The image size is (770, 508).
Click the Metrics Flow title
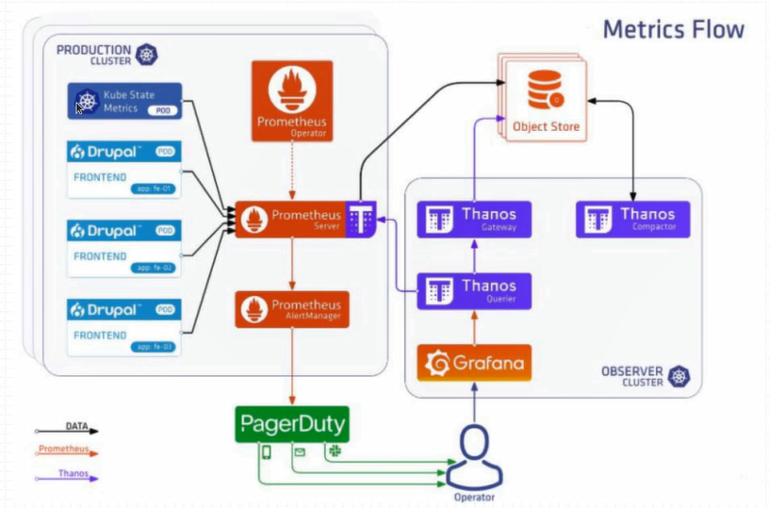[x=673, y=29]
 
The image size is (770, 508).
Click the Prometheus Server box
[x=292, y=220]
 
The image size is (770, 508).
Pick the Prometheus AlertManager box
[x=292, y=310]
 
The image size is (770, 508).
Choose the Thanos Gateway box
[x=474, y=220]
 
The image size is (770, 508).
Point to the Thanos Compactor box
[x=632, y=220]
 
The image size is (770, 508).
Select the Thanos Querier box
[x=474, y=291]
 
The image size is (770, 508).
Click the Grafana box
[x=474, y=363]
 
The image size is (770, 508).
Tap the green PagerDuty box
[x=292, y=424]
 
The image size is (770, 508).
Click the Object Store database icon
[x=543, y=91]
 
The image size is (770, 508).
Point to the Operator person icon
[x=474, y=452]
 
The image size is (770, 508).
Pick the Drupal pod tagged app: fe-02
[x=123, y=248]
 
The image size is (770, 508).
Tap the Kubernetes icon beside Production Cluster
[x=147, y=55]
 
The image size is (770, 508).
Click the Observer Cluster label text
[x=631, y=376]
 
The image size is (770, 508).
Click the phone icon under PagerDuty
[x=267, y=453]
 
